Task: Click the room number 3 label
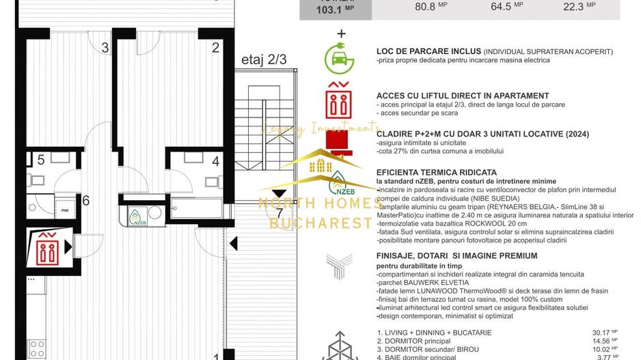pos(105,48)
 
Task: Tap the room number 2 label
pos(216,48)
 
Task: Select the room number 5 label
pos(41,160)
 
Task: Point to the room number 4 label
pos(216,162)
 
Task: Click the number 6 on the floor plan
pos(86,200)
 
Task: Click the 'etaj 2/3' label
pos(264,59)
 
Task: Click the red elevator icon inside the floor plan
pos(48,249)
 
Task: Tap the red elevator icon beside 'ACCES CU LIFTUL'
pos(339,101)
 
